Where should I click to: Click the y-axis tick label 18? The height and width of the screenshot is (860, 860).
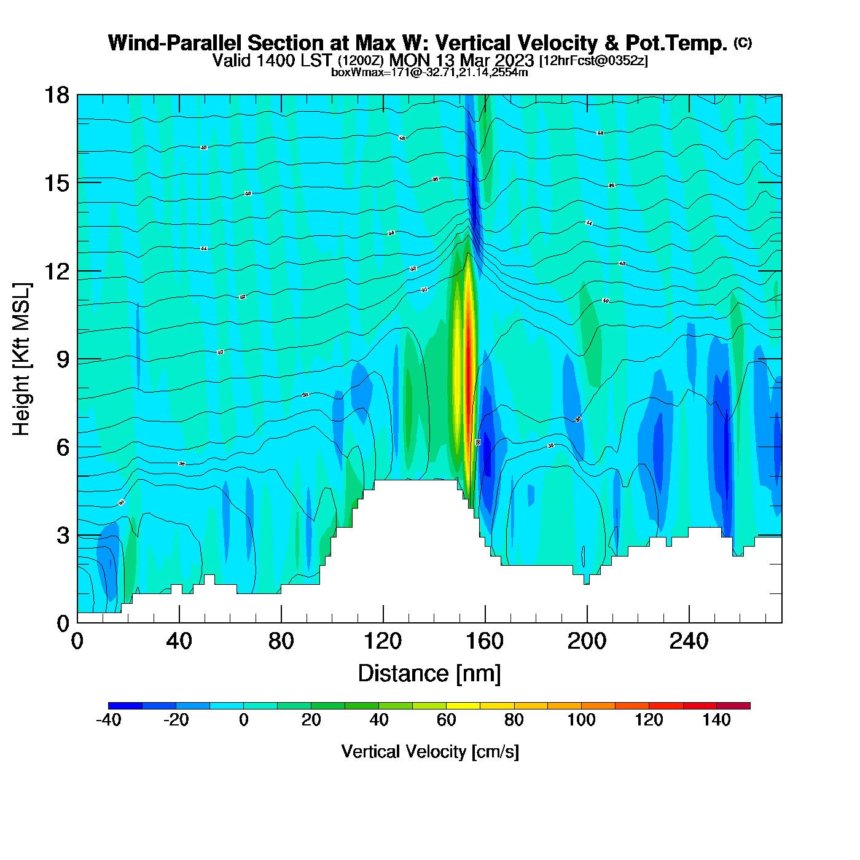(x=56, y=95)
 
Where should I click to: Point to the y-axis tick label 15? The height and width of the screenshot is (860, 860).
(x=56, y=183)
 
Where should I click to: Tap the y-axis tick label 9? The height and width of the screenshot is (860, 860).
(x=63, y=359)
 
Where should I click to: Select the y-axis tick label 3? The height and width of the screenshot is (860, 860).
(x=63, y=536)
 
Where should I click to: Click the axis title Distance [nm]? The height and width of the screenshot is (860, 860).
(x=429, y=674)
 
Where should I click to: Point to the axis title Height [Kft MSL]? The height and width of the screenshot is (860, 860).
(x=21, y=359)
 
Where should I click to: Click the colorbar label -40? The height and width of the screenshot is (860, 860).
(x=109, y=720)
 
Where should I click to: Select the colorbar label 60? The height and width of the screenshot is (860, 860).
(x=447, y=720)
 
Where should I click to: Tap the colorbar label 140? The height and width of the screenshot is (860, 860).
(x=716, y=720)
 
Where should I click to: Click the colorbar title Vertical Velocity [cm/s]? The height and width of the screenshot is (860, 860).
(x=430, y=752)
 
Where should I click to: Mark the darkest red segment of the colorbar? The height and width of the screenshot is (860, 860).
(x=733, y=706)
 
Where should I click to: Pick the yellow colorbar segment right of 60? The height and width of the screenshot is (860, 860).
(x=463, y=706)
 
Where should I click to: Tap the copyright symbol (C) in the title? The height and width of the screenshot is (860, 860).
(x=743, y=42)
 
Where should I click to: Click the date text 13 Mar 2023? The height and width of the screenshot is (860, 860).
(x=485, y=60)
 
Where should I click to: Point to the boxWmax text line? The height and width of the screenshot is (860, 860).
(x=429, y=72)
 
